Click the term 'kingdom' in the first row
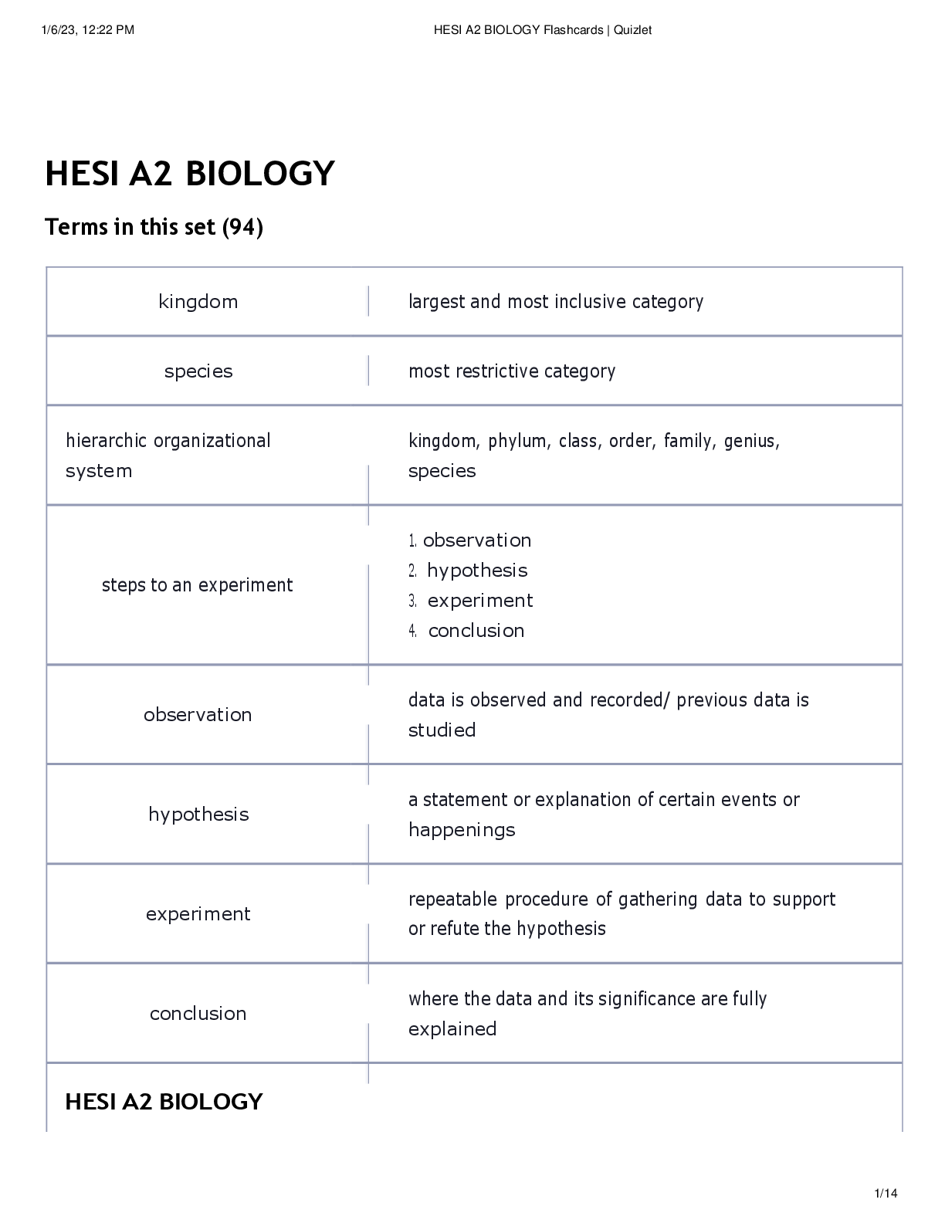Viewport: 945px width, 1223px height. tap(198, 302)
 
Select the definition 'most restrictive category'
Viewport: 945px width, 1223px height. tap(512, 371)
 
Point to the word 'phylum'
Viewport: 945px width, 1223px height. tap(518, 441)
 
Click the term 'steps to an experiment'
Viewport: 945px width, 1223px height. tap(197, 585)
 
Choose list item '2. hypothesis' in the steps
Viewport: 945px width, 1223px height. tap(468, 571)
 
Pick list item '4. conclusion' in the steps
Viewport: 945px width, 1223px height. tap(466, 631)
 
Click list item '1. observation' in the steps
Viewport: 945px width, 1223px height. tap(469, 540)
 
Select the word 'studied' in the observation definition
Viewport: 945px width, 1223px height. tap(442, 730)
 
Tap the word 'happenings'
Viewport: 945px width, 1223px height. tap(462, 830)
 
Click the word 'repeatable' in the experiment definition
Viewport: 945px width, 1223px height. tap(452, 899)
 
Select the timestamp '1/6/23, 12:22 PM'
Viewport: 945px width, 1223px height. tap(88, 30)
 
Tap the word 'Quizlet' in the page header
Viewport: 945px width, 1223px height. tap(632, 30)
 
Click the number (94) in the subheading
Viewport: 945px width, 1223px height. tap(242, 227)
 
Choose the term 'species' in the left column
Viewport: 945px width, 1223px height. tap(198, 371)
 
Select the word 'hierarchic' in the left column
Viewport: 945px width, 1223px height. tap(107, 441)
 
